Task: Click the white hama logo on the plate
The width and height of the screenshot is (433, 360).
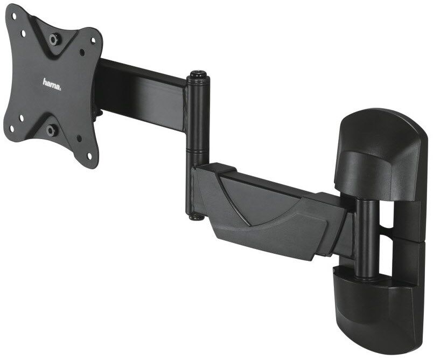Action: (52, 84)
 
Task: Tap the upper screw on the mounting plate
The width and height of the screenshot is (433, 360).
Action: (54, 39)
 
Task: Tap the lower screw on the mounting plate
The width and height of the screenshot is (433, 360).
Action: (51, 130)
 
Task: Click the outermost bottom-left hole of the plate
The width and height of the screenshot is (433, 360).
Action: (12, 128)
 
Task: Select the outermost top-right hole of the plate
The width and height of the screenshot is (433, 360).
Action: (93, 40)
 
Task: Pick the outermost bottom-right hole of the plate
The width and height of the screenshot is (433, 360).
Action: (89, 155)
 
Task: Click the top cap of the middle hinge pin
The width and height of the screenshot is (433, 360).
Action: (198, 75)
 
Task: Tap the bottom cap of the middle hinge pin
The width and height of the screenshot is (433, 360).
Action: (195, 216)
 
